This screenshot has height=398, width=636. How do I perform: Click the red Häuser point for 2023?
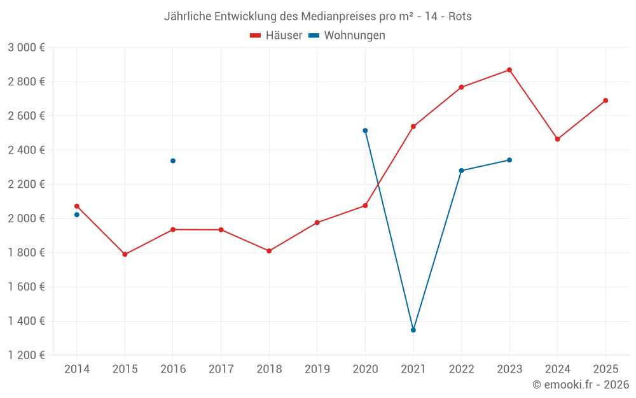coord(509,70)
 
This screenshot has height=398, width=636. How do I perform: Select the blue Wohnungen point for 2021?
coord(413,330)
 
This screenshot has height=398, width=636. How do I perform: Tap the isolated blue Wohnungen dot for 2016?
coord(173,160)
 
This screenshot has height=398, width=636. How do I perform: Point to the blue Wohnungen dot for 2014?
coord(77,215)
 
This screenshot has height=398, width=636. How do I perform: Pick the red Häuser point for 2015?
coord(125,255)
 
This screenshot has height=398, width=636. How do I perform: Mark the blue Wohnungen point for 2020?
coord(365,131)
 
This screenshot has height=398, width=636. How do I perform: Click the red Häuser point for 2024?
coord(558,139)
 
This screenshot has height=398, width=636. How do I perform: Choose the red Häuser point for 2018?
coord(269,251)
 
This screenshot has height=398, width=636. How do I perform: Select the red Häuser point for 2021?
coord(413,127)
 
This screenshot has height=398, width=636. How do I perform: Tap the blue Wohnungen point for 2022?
coord(461,171)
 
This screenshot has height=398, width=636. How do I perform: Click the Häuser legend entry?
coord(276,36)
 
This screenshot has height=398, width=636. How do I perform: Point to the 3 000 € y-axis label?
coord(26,47)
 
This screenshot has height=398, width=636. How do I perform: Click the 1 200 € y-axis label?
coord(26,355)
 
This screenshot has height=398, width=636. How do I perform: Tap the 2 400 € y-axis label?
coord(26,150)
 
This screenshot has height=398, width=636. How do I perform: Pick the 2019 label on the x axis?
coord(317,369)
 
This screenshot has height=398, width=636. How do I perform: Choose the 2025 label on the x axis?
coord(605,369)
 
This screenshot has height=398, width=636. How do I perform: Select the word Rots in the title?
coord(460,16)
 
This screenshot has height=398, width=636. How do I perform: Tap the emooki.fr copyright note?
coord(581,385)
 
